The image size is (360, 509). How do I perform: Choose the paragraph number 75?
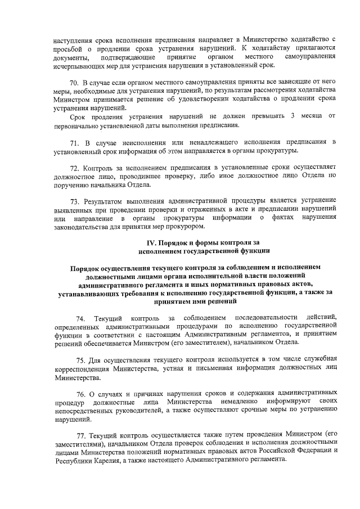click(81, 360)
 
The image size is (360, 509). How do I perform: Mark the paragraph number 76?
click(81, 391)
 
